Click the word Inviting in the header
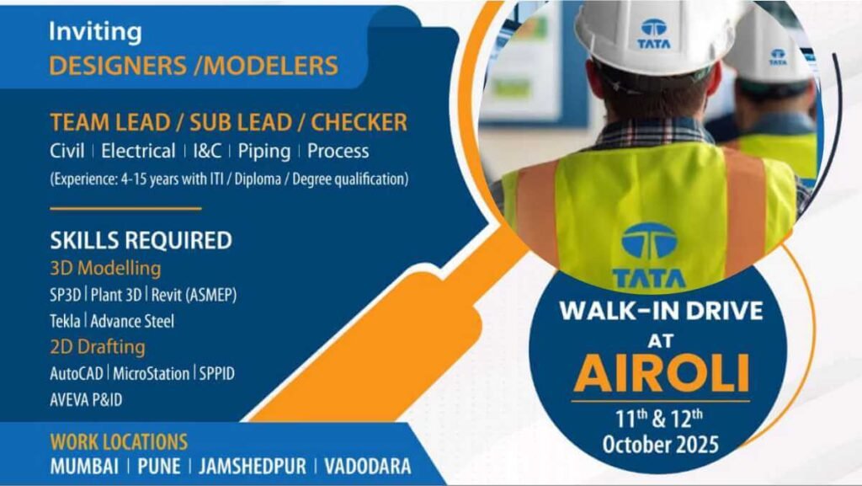click(95, 33)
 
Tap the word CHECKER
click(359, 122)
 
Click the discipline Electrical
click(138, 152)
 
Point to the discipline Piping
click(263, 152)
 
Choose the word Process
click(338, 152)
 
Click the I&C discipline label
click(207, 152)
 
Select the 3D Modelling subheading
click(105, 269)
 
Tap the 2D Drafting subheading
click(98, 346)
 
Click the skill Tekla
click(66, 321)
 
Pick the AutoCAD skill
click(77, 373)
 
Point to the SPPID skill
click(217, 373)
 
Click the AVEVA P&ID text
click(86, 399)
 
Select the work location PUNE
click(161, 467)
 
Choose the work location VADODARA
click(369, 467)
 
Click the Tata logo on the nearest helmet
click(653, 34)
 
